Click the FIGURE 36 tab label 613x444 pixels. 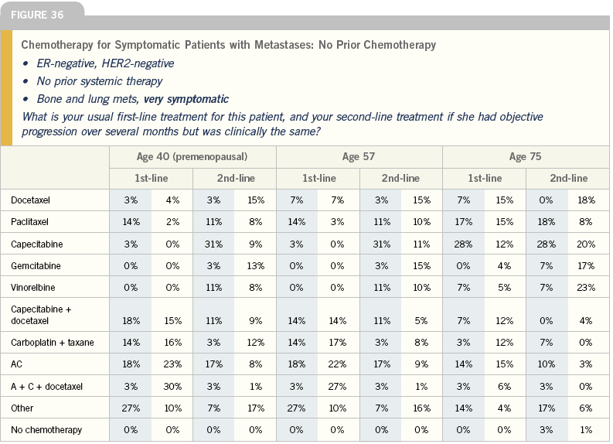coord(37,15)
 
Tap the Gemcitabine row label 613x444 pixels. coord(36,266)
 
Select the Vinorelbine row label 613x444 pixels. coord(32,288)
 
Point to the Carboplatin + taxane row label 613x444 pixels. coord(53,343)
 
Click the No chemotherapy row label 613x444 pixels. coord(46,430)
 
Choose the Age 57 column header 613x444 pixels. coord(359,157)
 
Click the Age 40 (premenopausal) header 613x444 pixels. coord(192,157)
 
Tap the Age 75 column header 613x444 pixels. coord(525,157)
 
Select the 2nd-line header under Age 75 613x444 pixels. coord(568,179)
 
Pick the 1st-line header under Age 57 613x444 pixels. coord(319,179)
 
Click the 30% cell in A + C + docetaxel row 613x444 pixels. coord(172,387)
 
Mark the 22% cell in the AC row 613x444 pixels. coord(337,364)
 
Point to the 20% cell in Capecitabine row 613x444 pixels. coord(586,244)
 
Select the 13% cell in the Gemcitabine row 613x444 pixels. coord(256,266)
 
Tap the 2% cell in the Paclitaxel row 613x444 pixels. coord(172,222)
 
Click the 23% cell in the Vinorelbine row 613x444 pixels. coord(586,288)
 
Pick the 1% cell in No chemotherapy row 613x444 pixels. coord(586,430)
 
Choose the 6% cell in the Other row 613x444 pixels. coord(586,408)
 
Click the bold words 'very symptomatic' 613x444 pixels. coord(186,99)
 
